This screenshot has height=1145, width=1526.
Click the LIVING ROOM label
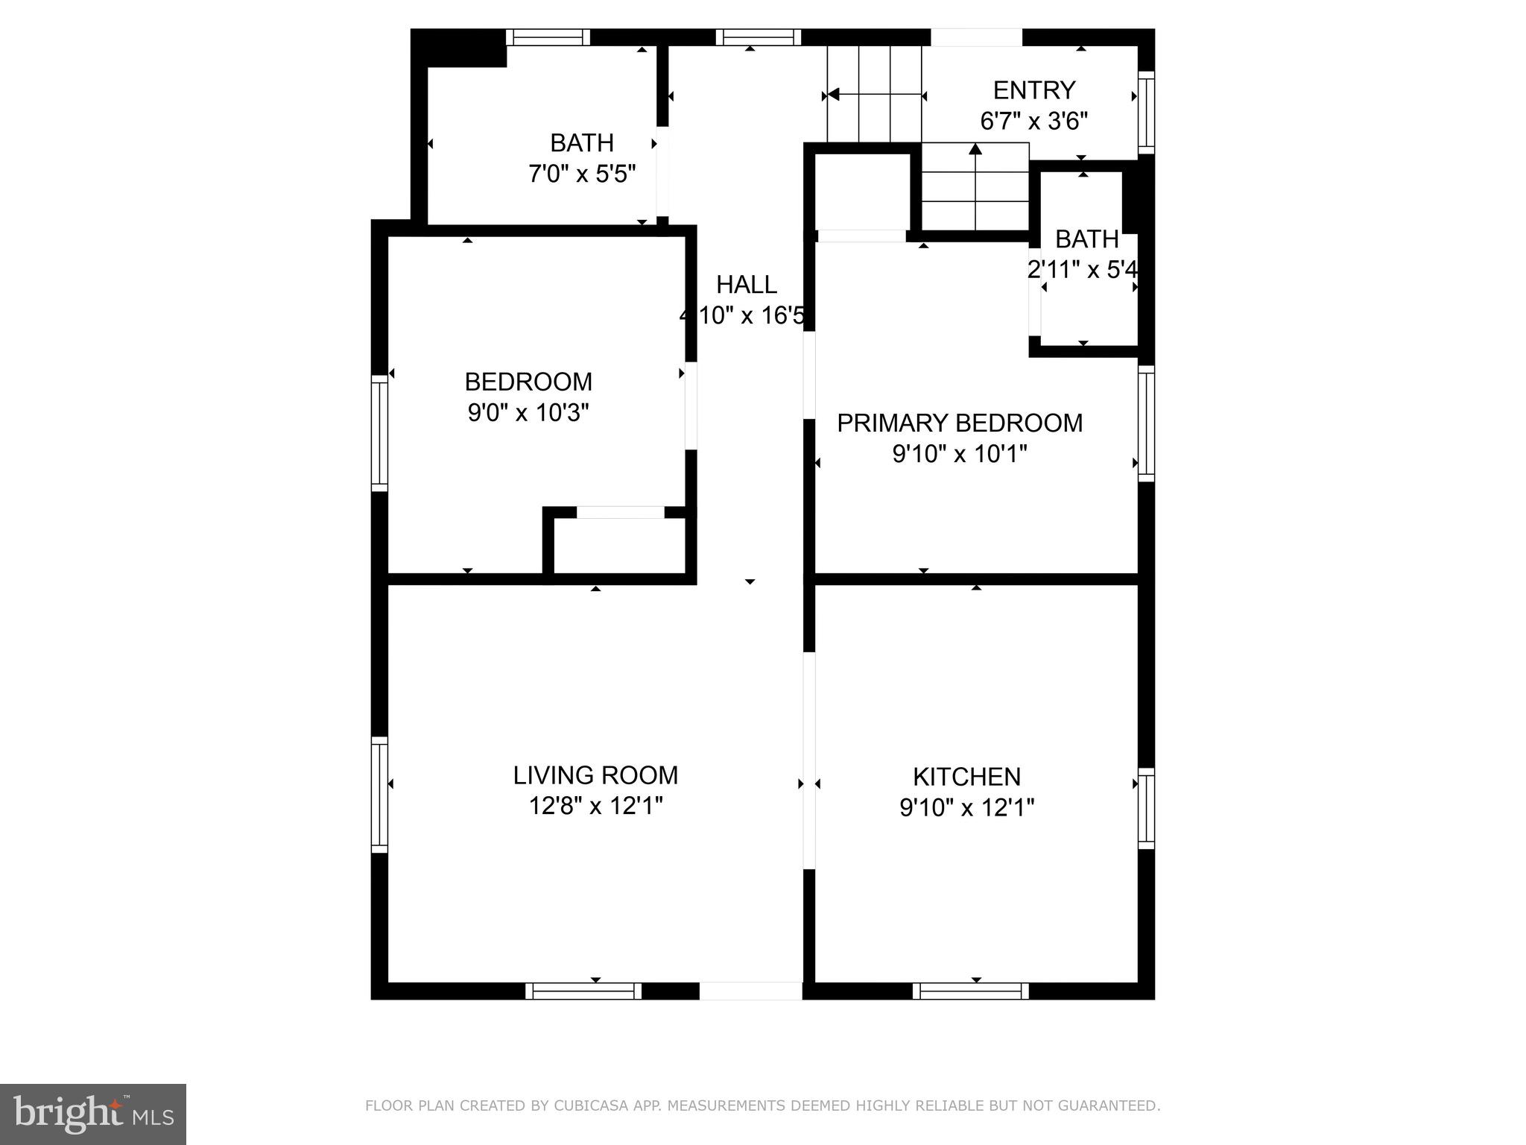click(595, 775)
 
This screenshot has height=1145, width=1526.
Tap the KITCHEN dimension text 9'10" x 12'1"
click(966, 808)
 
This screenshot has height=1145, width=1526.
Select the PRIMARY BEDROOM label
click(959, 423)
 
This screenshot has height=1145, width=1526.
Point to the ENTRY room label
click(1033, 90)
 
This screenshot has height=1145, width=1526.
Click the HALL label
click(747, 285)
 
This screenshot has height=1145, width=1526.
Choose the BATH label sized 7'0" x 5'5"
click(581, 142)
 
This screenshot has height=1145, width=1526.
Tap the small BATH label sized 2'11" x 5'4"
click(1086, 239)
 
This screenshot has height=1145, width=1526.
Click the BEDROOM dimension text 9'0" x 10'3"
click(528, 412)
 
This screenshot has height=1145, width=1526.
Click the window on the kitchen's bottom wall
click(970, 991)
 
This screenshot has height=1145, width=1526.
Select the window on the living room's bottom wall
click(583, 991)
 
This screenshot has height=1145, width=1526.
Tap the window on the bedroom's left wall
click(379, 432)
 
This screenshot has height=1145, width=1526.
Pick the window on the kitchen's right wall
click(1146, 808)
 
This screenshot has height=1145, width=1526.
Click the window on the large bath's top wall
click(548, 37)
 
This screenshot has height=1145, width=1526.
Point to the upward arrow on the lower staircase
click(975, 150)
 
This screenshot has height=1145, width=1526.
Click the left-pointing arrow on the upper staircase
click(834, 95)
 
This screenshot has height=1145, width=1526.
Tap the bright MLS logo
click(92, 1114)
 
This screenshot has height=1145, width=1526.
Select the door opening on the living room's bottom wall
click(750, 991)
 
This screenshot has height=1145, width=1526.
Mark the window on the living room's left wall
click(379, 794)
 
